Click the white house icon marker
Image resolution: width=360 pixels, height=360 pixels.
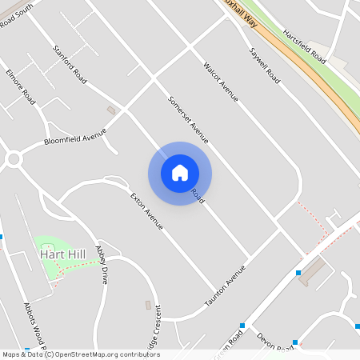(180, 173)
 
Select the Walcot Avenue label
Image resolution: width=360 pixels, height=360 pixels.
(221, 82)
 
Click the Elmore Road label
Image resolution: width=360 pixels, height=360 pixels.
(21, 87)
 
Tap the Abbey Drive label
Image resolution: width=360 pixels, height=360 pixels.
(102, 266)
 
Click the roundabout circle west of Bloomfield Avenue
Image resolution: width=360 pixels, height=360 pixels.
(12, 160)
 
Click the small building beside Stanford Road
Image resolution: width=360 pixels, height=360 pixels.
(111, 110)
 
